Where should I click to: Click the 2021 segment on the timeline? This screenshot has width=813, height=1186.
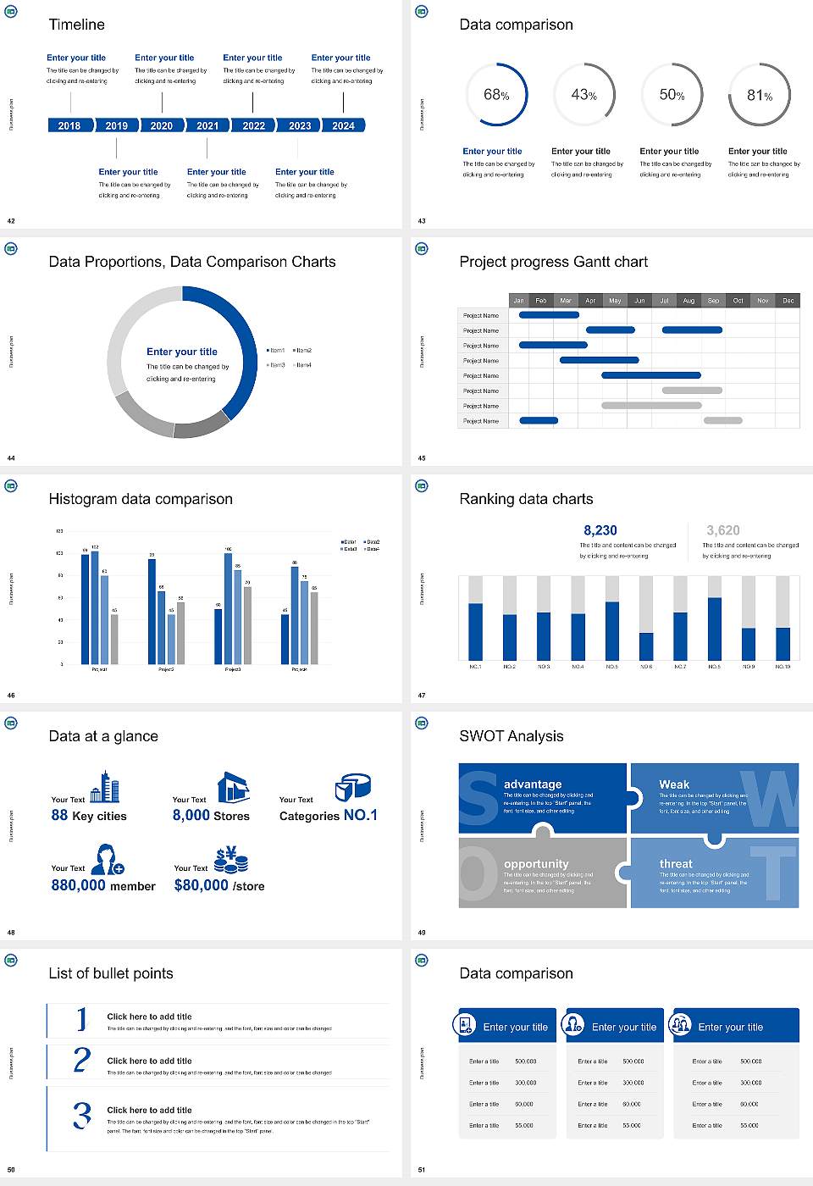[207, 125]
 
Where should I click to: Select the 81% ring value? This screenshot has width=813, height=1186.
[759, 96]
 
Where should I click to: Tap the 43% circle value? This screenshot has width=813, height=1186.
[583, 95]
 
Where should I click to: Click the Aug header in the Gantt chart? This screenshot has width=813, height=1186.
[689, 300]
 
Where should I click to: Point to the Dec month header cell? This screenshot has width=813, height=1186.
[788, 300]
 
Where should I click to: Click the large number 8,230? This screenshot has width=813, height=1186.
[600, 530]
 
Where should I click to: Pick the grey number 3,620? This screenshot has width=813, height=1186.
[722, 530]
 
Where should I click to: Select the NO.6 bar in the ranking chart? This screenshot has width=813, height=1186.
[646, 646]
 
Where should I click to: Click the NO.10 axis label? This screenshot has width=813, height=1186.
[783, 667]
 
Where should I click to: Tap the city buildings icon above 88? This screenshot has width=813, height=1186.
[105, 787]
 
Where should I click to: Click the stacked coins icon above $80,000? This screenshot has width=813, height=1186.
[230, 861]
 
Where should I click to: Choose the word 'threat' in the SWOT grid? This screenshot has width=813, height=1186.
[676, 864]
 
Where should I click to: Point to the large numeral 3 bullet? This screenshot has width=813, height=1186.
[82, 1115]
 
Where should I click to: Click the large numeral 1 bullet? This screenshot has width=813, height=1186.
[81, 1019]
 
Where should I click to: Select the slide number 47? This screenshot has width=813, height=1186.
[422, 696]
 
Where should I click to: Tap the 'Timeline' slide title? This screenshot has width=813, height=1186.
[76, 25]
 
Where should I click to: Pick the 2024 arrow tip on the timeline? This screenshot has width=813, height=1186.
[362, 125]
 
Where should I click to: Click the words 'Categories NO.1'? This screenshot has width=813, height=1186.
[329, 815]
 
